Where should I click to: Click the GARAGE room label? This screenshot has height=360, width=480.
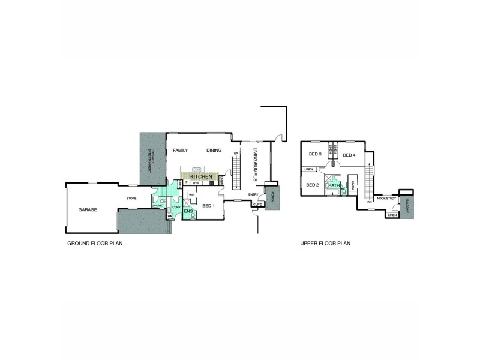click(x=88, y=210)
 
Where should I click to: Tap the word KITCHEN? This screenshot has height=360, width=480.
click(x=201, y=177)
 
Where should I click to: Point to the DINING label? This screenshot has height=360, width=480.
click(x=214, y=151)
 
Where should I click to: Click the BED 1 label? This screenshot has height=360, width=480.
click(x=208, y=206)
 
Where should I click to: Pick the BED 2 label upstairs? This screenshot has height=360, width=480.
click(x=312, y=185)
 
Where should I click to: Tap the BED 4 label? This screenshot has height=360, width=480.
click(x=349, y=155)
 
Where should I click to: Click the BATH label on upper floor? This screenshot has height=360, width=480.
click(x=333, y=186)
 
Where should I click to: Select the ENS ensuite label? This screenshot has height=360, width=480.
click(x=188, y=211)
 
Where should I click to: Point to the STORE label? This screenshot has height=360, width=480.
click(x=131, y=198)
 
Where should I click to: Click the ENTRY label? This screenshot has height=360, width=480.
click(x=253, y=194)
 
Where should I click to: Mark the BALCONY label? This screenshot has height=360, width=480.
click(x=407, y=205)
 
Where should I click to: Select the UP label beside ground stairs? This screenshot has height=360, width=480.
click(x=236, y=154)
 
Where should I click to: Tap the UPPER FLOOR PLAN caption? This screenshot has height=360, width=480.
click(x=325, y=244)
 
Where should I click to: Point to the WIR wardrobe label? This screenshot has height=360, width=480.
click(x=191, y=195)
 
